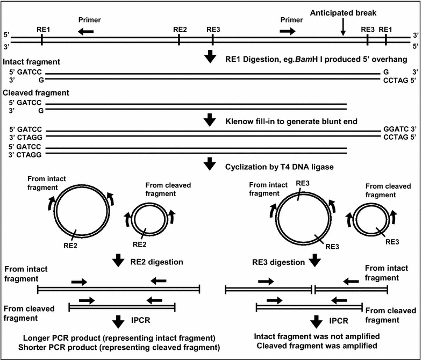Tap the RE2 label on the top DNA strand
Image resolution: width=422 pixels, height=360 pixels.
point(180,30)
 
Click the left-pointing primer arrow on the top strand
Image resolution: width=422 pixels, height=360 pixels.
point(84,32)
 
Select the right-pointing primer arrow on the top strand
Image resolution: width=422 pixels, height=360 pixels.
point(288,32)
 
